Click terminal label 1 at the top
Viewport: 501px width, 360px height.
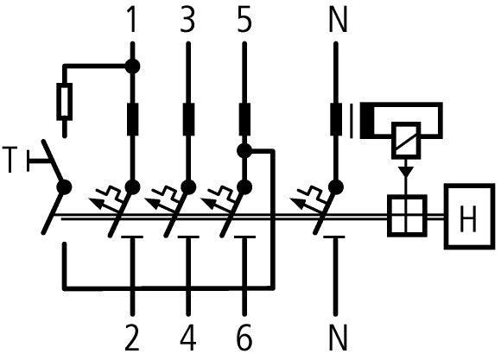132,19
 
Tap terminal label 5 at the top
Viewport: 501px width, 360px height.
244,19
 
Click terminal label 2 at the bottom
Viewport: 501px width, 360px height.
132,337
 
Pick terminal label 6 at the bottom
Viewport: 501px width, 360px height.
244,337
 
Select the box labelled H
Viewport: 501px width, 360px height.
469,217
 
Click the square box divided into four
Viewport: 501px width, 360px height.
405,216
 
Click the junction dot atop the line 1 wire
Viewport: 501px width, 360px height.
132,64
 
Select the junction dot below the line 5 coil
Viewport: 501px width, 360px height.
244,151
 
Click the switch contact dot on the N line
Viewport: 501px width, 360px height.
337,186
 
